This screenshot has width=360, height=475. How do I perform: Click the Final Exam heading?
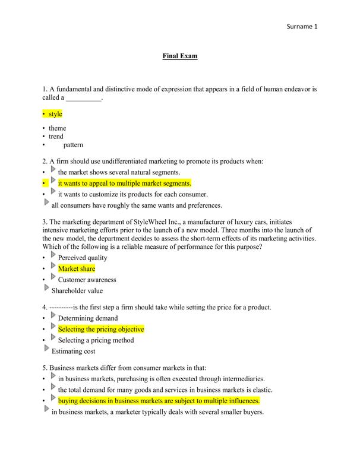(180, 56)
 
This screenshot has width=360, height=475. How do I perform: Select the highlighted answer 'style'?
(55, 113)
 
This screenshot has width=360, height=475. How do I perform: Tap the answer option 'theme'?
(58, 128)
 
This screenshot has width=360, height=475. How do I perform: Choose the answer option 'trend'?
(56, 137)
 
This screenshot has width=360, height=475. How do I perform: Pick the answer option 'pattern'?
(73, 145)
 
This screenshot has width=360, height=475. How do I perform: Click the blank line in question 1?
(84, 98)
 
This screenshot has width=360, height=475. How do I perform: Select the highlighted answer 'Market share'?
(77, 269)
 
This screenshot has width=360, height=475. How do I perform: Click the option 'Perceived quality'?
(83, 258)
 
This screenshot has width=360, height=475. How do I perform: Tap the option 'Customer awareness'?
(87, 280)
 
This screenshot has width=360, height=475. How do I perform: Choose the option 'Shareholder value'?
(77, 291)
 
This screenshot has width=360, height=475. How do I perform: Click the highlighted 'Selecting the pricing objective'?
(101, 329)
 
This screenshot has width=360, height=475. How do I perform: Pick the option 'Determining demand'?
(88, 318)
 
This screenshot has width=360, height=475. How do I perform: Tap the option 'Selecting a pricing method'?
(96, 340)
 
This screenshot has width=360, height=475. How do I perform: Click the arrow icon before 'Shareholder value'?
(47, 289)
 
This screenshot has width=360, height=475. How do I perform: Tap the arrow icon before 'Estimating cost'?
(47, 349)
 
